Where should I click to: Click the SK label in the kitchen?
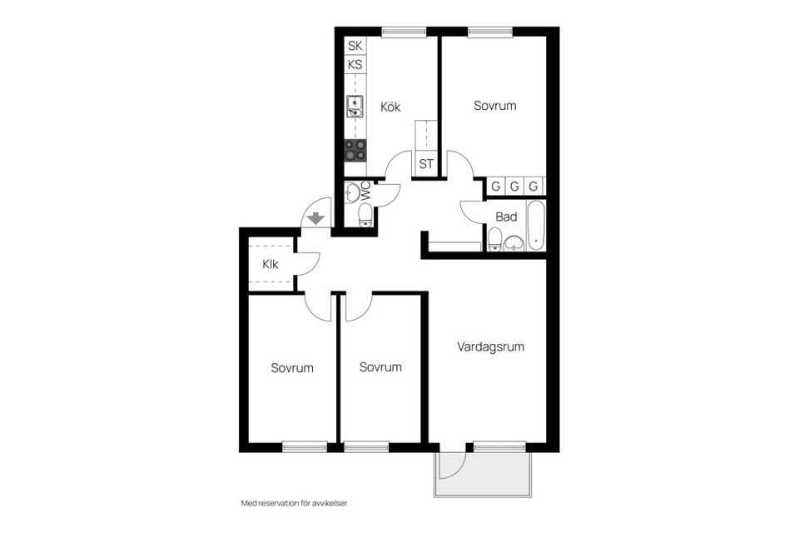pyautogui.click(x=355, y=46)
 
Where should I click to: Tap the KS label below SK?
pyautogui.click(x=355, y=64)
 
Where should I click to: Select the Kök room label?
pyautogui.click(x=390, y=107)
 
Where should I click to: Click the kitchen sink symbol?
pyautogui.click(x=355, y=105)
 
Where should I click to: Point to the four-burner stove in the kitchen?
pyautogui.click(x=355, y=150)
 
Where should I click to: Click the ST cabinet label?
pyautogui.click(x=426, y=164)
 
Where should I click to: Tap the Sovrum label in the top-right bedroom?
pyautogui.click(x=495, y=106)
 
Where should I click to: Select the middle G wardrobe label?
pyautogui.click(x=514, y=186)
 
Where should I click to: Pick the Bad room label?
pyautogui.click(x=506, y=217)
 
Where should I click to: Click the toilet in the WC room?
pyautogui.click(x=365, y=216)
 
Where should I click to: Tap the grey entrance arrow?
pyautogui.click(x=316, y=218)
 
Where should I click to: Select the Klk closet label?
pyautogui.click(x=270, y=265)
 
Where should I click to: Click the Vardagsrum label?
pyautogui.click(x=491, y=346)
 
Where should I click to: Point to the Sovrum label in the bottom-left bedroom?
pyautogui.click(x=292, y=367)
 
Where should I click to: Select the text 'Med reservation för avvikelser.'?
pyautogui.click(x=294, y=503)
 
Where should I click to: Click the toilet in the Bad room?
pyautogui.click(x=495, y=240)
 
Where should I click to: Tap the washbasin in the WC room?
pyautogui.click(x=353, y=193)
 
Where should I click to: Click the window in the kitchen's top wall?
pyautogui.click(x=404, y=32)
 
